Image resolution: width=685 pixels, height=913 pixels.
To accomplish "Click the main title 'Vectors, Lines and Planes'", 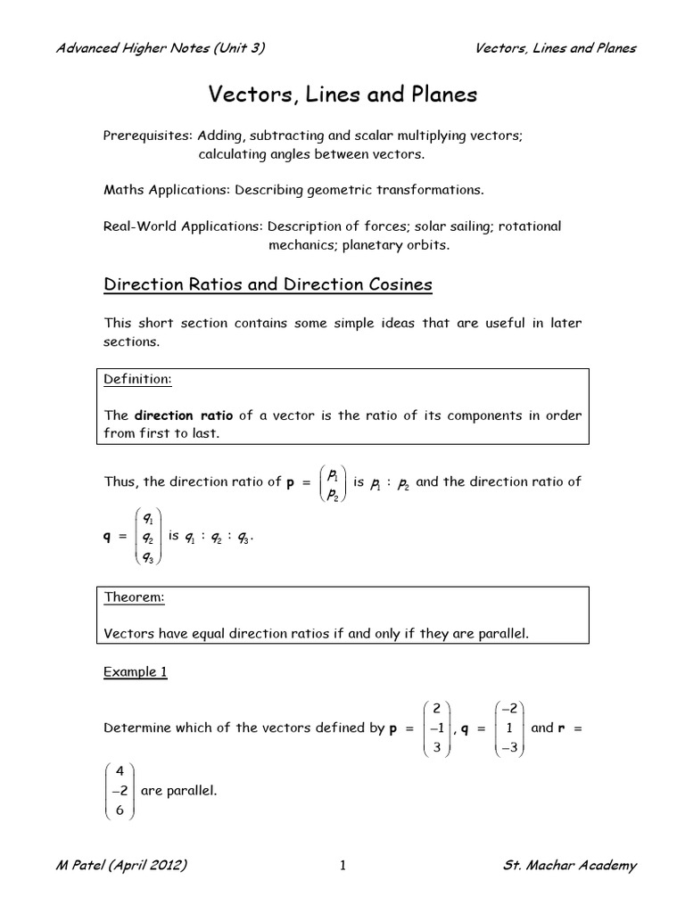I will pyautogui.click(x=342, y=95).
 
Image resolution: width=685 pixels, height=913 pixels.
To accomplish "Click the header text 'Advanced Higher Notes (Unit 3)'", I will pyautogui.click(x=160, y=48).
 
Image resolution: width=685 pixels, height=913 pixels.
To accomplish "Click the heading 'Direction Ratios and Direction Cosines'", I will pyautogui.click(x=268, y=285).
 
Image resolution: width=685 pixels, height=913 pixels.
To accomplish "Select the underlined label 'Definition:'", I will pyautogui.click(x=137, y=379).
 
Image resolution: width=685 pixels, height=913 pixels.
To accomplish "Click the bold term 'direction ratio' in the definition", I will pyautogui.click(x=182, y=416).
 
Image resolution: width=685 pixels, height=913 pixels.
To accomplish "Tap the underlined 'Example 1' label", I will pyautogui.click(x=136, y=672).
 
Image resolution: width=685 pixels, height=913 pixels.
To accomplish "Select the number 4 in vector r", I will pyautogui.click(x=120, y=771).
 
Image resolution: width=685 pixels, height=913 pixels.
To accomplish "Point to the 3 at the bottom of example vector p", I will pyautogui.click(x=436, y=747).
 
